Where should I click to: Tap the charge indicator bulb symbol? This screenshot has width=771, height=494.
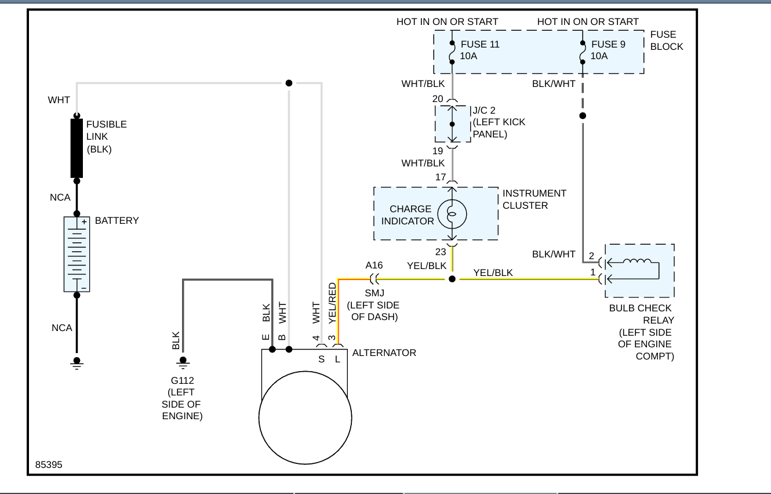pos(452,215)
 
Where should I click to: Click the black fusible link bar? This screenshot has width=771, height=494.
pos(77,148)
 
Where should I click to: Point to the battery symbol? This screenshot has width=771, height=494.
pos(77,254)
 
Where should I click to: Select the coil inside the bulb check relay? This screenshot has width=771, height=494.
pos(637,262)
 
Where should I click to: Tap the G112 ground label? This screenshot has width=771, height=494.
pos(182,380)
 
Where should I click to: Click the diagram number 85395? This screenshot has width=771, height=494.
pos(49,465)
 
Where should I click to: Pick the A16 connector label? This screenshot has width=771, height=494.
pos(374,265)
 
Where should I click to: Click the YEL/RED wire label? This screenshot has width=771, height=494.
pos(332,303)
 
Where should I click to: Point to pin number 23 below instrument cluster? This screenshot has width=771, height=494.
pos(441,252)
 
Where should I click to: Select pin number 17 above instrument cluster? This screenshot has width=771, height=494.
pos(441,177)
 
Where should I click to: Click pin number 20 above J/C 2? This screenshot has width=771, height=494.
pos(438,99)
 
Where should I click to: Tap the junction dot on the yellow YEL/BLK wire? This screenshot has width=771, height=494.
pos(452,279)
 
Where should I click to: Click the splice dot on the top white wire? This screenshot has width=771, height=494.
pos(289,83)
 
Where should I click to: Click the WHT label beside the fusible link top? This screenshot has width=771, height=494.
pos(59,100)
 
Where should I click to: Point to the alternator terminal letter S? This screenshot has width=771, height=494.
pos(321,359)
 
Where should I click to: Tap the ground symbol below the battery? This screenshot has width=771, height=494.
pos(77,363)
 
